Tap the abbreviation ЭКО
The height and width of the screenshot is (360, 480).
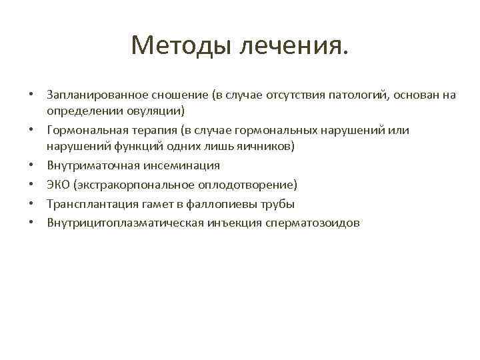coord(58,184)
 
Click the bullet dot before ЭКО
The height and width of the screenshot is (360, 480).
coord(31,184)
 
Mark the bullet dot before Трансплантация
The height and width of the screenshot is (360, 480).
coord(31,203)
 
